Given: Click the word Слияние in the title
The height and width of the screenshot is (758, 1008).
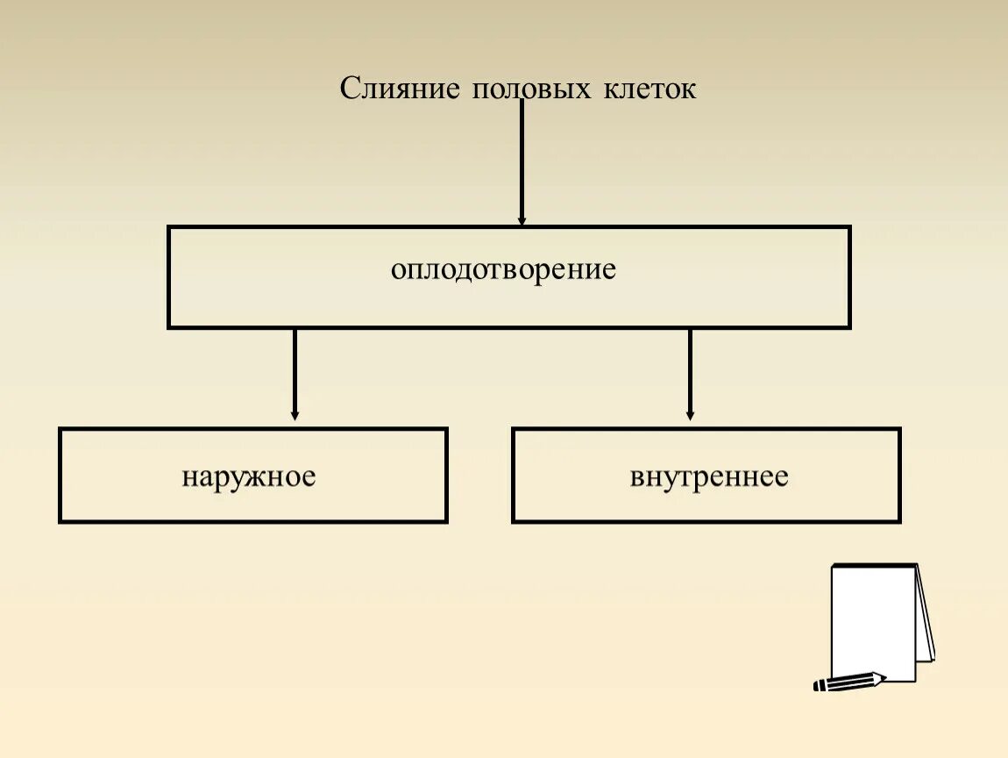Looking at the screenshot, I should pos(400,89).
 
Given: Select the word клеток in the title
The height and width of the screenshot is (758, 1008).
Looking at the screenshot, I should pos(650,89).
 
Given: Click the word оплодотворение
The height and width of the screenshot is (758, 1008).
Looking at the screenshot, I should pos(504,269).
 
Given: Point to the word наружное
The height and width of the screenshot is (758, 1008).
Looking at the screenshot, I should pos(249,477).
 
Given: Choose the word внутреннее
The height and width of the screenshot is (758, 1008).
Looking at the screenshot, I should pos(708,477).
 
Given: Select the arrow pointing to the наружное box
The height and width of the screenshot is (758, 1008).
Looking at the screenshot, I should pos(295,373).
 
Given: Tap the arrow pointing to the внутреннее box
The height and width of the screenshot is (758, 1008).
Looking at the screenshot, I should pos(690,373).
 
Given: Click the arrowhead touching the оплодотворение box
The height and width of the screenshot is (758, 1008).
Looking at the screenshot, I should pos(522,221).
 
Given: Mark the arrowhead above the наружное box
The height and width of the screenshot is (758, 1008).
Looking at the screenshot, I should pos(295,415).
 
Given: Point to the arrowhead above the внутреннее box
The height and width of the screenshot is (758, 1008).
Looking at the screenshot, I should pos(690,415).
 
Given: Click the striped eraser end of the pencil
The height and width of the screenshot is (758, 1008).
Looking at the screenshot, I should pos(820,685).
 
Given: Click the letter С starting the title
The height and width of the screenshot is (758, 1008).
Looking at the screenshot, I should pos(349,89).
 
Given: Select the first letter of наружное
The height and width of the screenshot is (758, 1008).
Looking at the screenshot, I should pos(188,478).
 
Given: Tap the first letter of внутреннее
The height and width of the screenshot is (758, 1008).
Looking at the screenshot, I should pos(635,478).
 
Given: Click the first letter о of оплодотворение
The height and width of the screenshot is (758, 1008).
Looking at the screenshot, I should pos(397,270).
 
